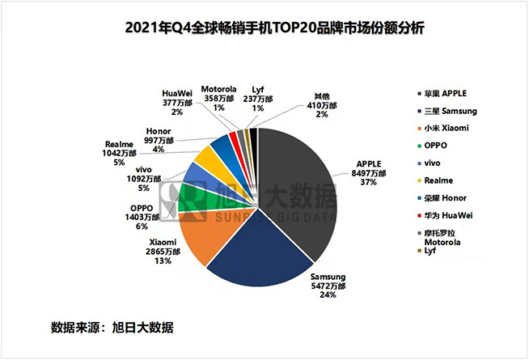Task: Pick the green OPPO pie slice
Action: coord(192,197)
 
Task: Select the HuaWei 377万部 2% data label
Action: coord(176,103)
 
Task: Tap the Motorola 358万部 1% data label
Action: coord(218,98)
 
